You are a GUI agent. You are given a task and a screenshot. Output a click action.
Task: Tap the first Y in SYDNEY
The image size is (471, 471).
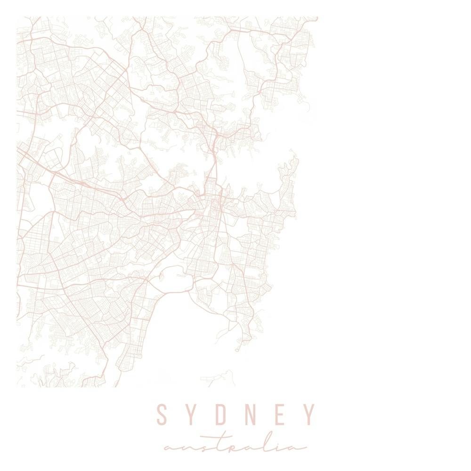[x=191, y=414]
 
